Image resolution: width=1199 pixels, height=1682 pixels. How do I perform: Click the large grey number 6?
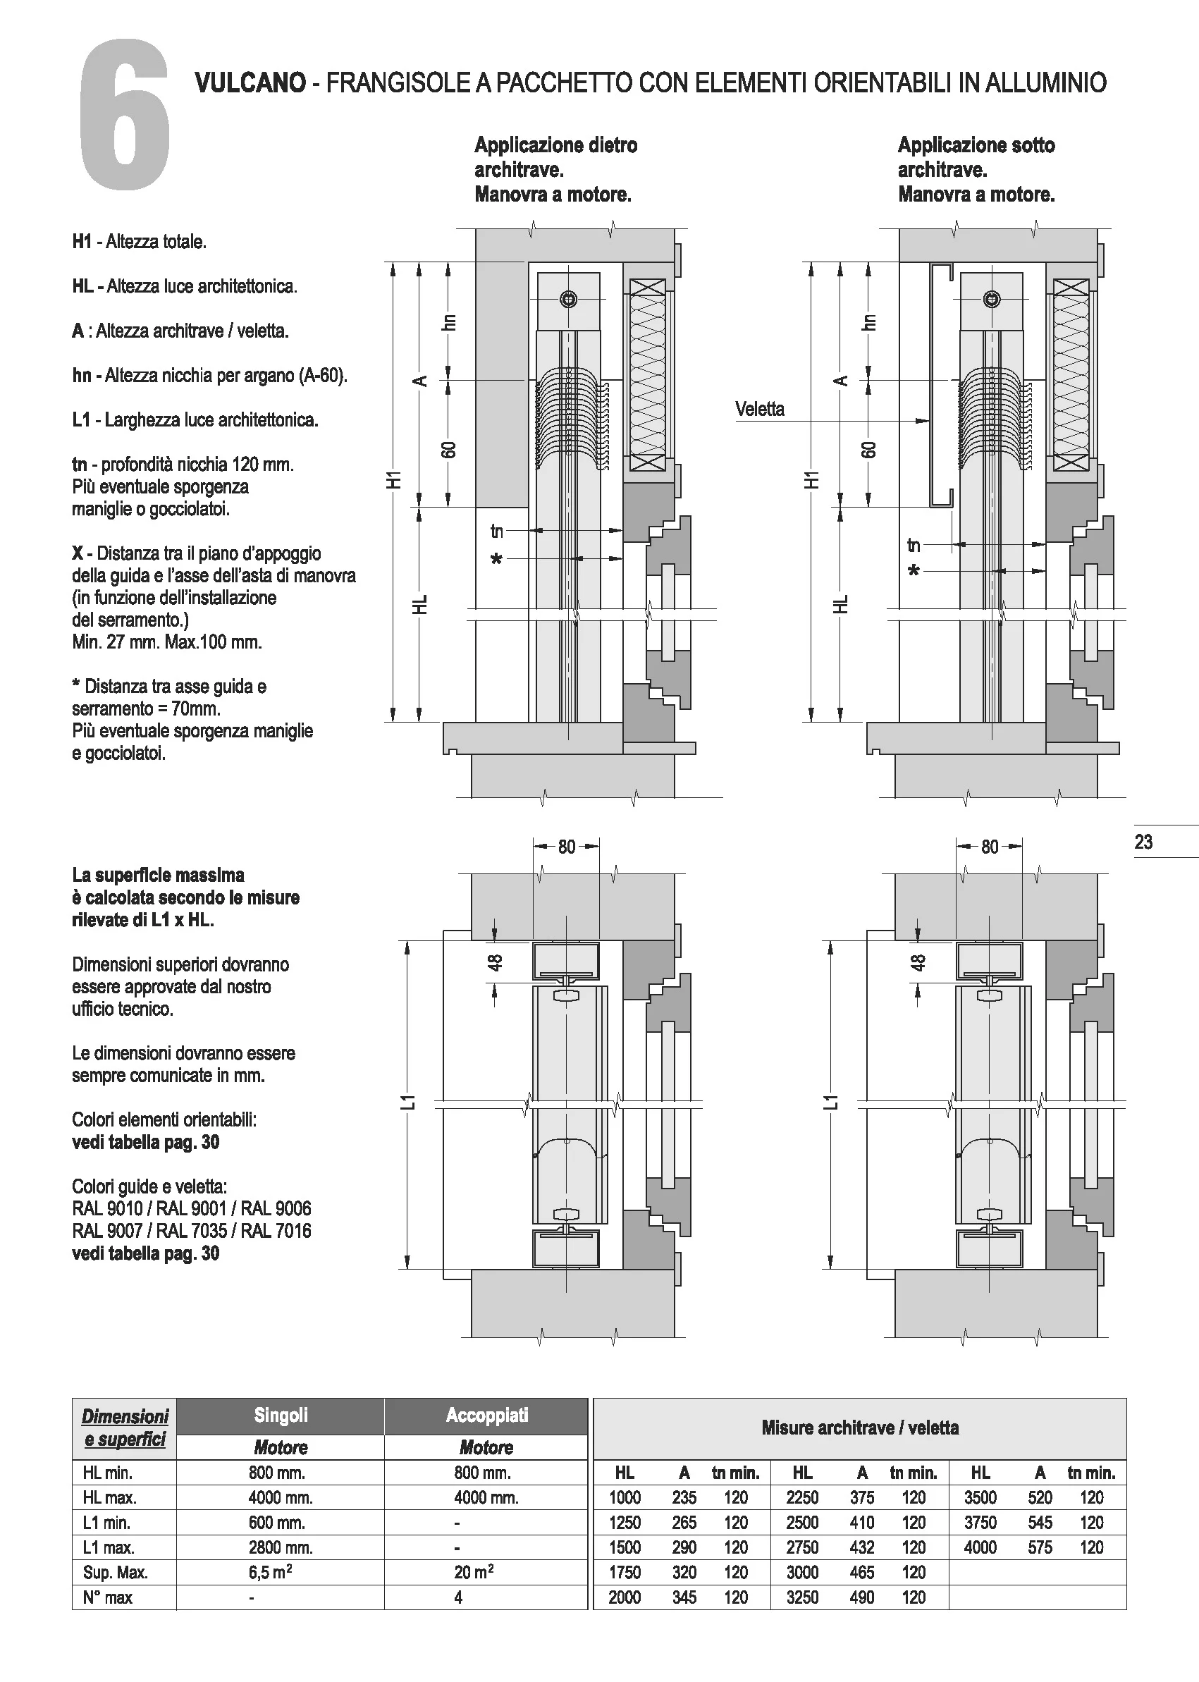pyautogui.click(x=124, y=116)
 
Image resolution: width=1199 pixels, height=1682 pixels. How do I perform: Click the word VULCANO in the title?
pyautogui.click(x=250, y=82)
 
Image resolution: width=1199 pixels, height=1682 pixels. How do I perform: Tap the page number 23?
pyautogui.click(x=1143, y=842)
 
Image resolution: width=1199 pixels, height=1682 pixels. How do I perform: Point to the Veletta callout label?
pyautogui.click(x=760, y=410)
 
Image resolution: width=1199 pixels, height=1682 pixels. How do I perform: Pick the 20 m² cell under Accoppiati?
pyautogui.click(x=473, y=1572)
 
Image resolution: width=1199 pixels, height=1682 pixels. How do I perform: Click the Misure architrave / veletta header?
pyautogui.click(x=859, y=1428)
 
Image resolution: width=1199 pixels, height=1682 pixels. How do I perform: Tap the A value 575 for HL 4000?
pyautogui.click(x=1040, y=1547)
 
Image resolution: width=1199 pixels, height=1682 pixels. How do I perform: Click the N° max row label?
pyautogui.click(x=108, y=1598)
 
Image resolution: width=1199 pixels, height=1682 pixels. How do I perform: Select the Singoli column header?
pyautogui.click(x=281, y=1416)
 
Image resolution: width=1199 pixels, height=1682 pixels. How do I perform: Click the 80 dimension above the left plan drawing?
pyautogui.click(x=566, y=847)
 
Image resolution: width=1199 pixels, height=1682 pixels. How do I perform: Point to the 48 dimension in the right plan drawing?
pyautogui.click(x=918, y=963)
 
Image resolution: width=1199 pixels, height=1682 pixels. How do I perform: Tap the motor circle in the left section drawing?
pyautogui.click(x=569, y=299)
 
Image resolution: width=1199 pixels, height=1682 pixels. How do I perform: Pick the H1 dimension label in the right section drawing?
pyautogui.click(x=812, y=480)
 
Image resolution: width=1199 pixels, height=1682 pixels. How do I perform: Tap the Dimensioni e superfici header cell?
pyautogui.click(x=125, y=1428)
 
